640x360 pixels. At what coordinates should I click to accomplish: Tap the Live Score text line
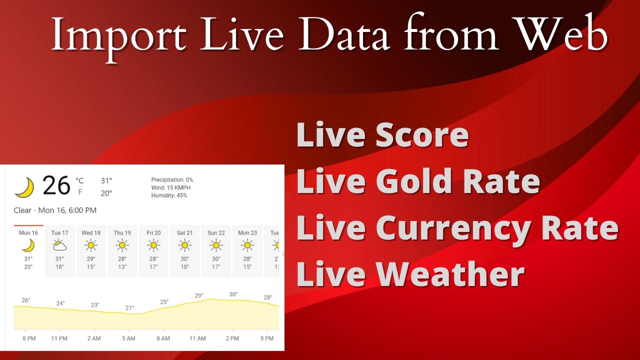point(382,135)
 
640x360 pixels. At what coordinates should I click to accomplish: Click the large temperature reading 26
point(56,186)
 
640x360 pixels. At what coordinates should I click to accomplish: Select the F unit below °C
point(80,191)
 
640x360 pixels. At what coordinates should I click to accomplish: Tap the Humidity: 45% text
point(169,195)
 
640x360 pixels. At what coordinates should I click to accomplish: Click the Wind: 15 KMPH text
point(171,187)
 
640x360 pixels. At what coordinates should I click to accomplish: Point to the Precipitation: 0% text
point(172,179)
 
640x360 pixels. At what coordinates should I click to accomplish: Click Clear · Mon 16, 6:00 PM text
point(55,210)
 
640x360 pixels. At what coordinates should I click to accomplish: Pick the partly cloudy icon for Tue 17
point(59,245)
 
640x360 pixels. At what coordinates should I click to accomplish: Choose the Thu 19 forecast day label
point(122,233)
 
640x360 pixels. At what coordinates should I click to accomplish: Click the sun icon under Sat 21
point(184,245)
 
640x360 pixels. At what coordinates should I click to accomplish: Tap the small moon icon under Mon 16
point(28,245)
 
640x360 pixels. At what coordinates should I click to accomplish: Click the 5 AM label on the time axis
point(128,338)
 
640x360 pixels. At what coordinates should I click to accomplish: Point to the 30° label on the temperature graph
point(233,294)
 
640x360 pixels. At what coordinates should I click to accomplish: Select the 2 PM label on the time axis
point(232,338)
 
